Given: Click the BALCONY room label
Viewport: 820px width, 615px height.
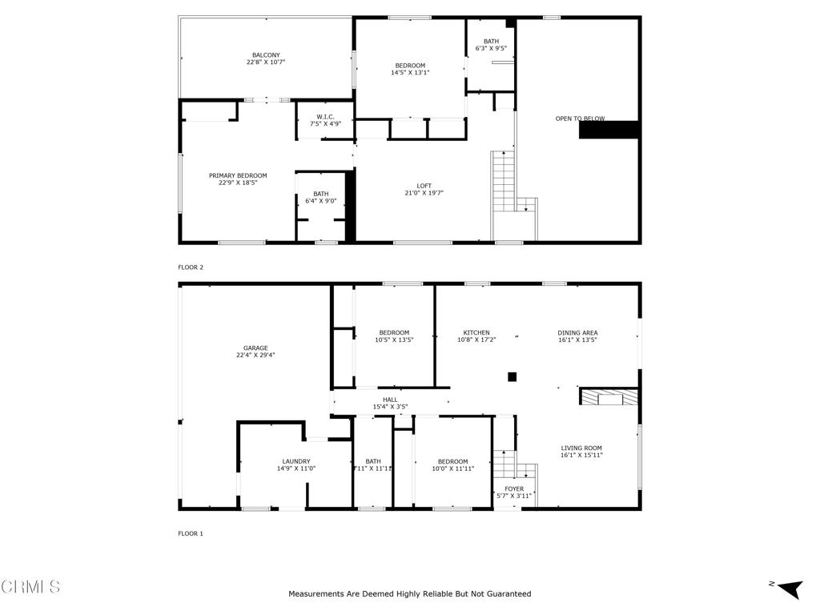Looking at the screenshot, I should click(x=266, y=55).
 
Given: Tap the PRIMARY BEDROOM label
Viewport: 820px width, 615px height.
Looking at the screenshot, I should click(x=238, y=175).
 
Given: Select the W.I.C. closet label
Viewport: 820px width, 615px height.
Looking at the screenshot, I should click(x=324, y=117).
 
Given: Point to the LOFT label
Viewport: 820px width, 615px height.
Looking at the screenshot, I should click(x=424, y=186).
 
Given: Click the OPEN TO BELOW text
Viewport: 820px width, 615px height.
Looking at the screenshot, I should click(x=580, y=119).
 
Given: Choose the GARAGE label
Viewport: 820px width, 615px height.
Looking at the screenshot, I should click(x=255, y=348).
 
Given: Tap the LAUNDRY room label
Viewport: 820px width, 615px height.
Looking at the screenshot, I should click(x=295, y=461).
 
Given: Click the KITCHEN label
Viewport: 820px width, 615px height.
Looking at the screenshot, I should click(x=476, y=333).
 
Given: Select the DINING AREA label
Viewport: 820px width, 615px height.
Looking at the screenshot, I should click(x=577, y=333).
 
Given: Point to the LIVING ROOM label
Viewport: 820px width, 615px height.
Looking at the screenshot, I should click(x=581, y=448).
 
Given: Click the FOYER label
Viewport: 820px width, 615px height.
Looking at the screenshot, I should click(x=513, y=488).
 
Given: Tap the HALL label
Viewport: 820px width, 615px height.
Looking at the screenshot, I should click(x=390, y=400).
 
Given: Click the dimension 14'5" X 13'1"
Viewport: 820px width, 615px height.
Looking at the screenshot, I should click(x=410, y=73).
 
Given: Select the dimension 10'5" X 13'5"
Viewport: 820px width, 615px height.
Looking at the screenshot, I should click(x=394, y=340).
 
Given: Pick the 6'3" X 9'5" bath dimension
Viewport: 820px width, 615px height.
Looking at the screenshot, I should click(x=491, y=48).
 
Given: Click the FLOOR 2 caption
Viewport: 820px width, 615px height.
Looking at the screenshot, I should click(x=191, y=267).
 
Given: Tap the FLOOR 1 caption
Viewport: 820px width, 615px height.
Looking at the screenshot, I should click(x=191, y=533).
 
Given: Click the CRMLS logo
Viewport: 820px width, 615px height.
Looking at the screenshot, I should click(x=30, y=587).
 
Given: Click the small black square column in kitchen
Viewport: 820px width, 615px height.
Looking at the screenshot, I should click(x=512, y=376).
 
